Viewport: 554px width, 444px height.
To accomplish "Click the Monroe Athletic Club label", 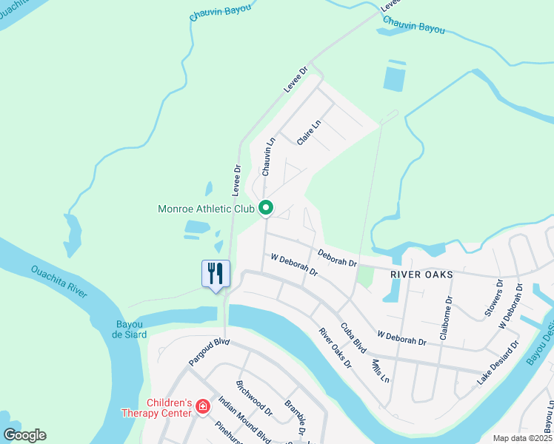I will pos(206,209).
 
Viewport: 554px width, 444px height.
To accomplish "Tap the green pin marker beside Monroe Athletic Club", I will pos(267,209).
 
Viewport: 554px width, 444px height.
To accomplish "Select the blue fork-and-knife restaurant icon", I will pos(216,273).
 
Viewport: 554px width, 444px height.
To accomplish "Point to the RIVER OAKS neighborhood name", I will pos(421,275).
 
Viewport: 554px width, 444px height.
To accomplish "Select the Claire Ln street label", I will pos(309,132).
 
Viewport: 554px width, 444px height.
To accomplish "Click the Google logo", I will pos(24,434).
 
